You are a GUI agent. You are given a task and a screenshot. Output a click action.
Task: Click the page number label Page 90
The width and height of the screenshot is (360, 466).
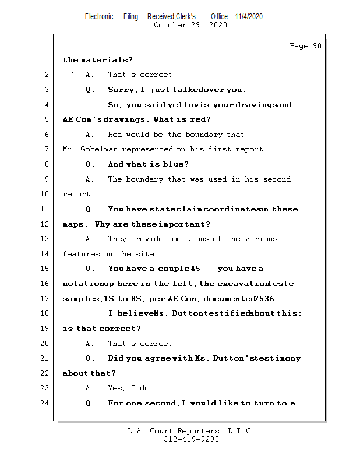pyautogui.click(x=305, y=46)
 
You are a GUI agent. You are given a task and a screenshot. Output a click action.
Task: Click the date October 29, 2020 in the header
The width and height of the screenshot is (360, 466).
pyautogui.click(x=190, y=25)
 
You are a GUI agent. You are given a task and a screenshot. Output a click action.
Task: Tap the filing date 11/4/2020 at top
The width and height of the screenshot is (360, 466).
pyautogui.click(x=249, y=16)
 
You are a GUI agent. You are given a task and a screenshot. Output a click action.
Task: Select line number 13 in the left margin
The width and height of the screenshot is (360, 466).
pyautogui.click(x=45, y=239)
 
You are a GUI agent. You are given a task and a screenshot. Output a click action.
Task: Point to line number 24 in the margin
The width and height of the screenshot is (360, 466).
pyautogui.click(x=45, y=403)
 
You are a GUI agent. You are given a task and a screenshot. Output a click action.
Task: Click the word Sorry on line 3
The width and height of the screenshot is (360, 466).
pyautogui.click(x=121, y=90)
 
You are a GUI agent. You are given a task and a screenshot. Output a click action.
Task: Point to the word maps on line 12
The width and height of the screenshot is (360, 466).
pyautogui.click(x=72, y=224)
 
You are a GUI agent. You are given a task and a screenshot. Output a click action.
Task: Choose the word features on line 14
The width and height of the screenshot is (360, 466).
pyautogui.click(x=81, y=254)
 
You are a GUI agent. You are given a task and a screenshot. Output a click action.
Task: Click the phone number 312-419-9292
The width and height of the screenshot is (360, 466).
pyautogui.click(x=191, y=440)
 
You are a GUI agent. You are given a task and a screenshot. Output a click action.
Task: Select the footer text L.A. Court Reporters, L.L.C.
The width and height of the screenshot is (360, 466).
pyautogui.click(x=191, y=432)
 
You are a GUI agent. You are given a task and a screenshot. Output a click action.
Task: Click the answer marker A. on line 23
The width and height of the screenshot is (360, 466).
pyautogui.click(x=89, y=388)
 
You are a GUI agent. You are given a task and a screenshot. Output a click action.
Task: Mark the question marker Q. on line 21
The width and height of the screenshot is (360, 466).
pyautogui.click(x=90, y=358)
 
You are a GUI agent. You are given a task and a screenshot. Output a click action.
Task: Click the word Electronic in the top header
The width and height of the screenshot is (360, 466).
pyautogui.click(x=99, y=16)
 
